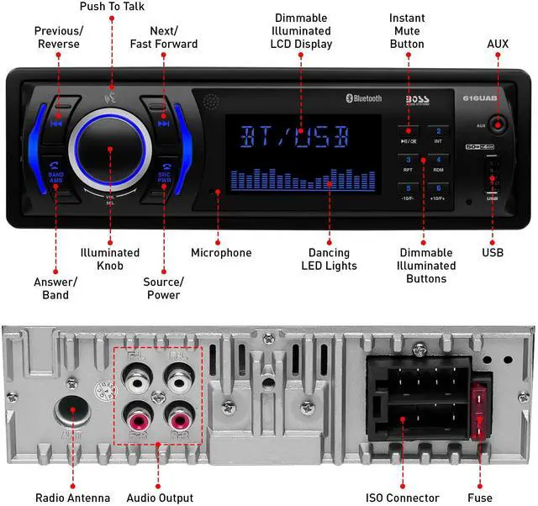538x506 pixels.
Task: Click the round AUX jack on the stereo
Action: pos(497,125)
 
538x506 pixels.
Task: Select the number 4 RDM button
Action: pos(438,161)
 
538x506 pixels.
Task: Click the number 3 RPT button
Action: pos(409,161)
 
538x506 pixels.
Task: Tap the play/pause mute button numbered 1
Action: pos(409,134)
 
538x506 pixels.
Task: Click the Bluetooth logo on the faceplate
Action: pos(363,98)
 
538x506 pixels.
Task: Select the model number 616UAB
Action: pos(477,98)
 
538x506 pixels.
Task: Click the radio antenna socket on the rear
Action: pos(72,411)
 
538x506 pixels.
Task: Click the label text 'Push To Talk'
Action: pos(111,7)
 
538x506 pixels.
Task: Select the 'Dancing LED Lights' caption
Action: pos(329,259)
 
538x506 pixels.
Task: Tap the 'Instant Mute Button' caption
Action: pos(407,30)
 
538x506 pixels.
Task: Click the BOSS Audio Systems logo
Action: pos(417,99)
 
